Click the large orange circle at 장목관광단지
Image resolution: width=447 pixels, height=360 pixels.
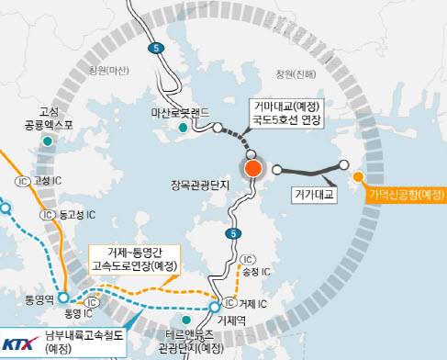pos(252,168)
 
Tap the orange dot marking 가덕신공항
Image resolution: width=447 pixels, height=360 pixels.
pos(358,176)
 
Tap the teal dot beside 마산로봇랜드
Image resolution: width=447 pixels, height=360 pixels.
pos(184,129)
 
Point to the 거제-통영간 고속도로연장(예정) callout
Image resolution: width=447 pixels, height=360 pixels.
pos(133,259)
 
